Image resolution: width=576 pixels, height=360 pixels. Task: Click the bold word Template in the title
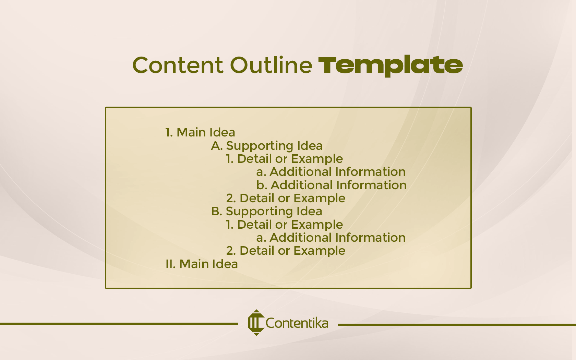click(x=391, y=65)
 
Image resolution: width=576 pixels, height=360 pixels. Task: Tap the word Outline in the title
click(x=271, y=65)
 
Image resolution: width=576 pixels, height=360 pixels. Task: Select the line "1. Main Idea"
click(x=200, y=132)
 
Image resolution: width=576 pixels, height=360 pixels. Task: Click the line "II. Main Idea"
click(x=202, y=264)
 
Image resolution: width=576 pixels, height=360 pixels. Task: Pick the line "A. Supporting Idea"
click(x=267, y=146)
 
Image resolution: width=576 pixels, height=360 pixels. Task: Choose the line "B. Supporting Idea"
click(x=267, y=211)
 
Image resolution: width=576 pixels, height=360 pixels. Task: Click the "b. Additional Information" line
click(x=331, y=185)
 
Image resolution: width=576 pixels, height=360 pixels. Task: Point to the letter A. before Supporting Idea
click(x=217, y=146)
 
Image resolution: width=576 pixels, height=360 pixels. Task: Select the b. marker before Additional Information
click(x=262, y=185)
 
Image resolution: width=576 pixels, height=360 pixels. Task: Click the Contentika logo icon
click(x=256, y=323)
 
